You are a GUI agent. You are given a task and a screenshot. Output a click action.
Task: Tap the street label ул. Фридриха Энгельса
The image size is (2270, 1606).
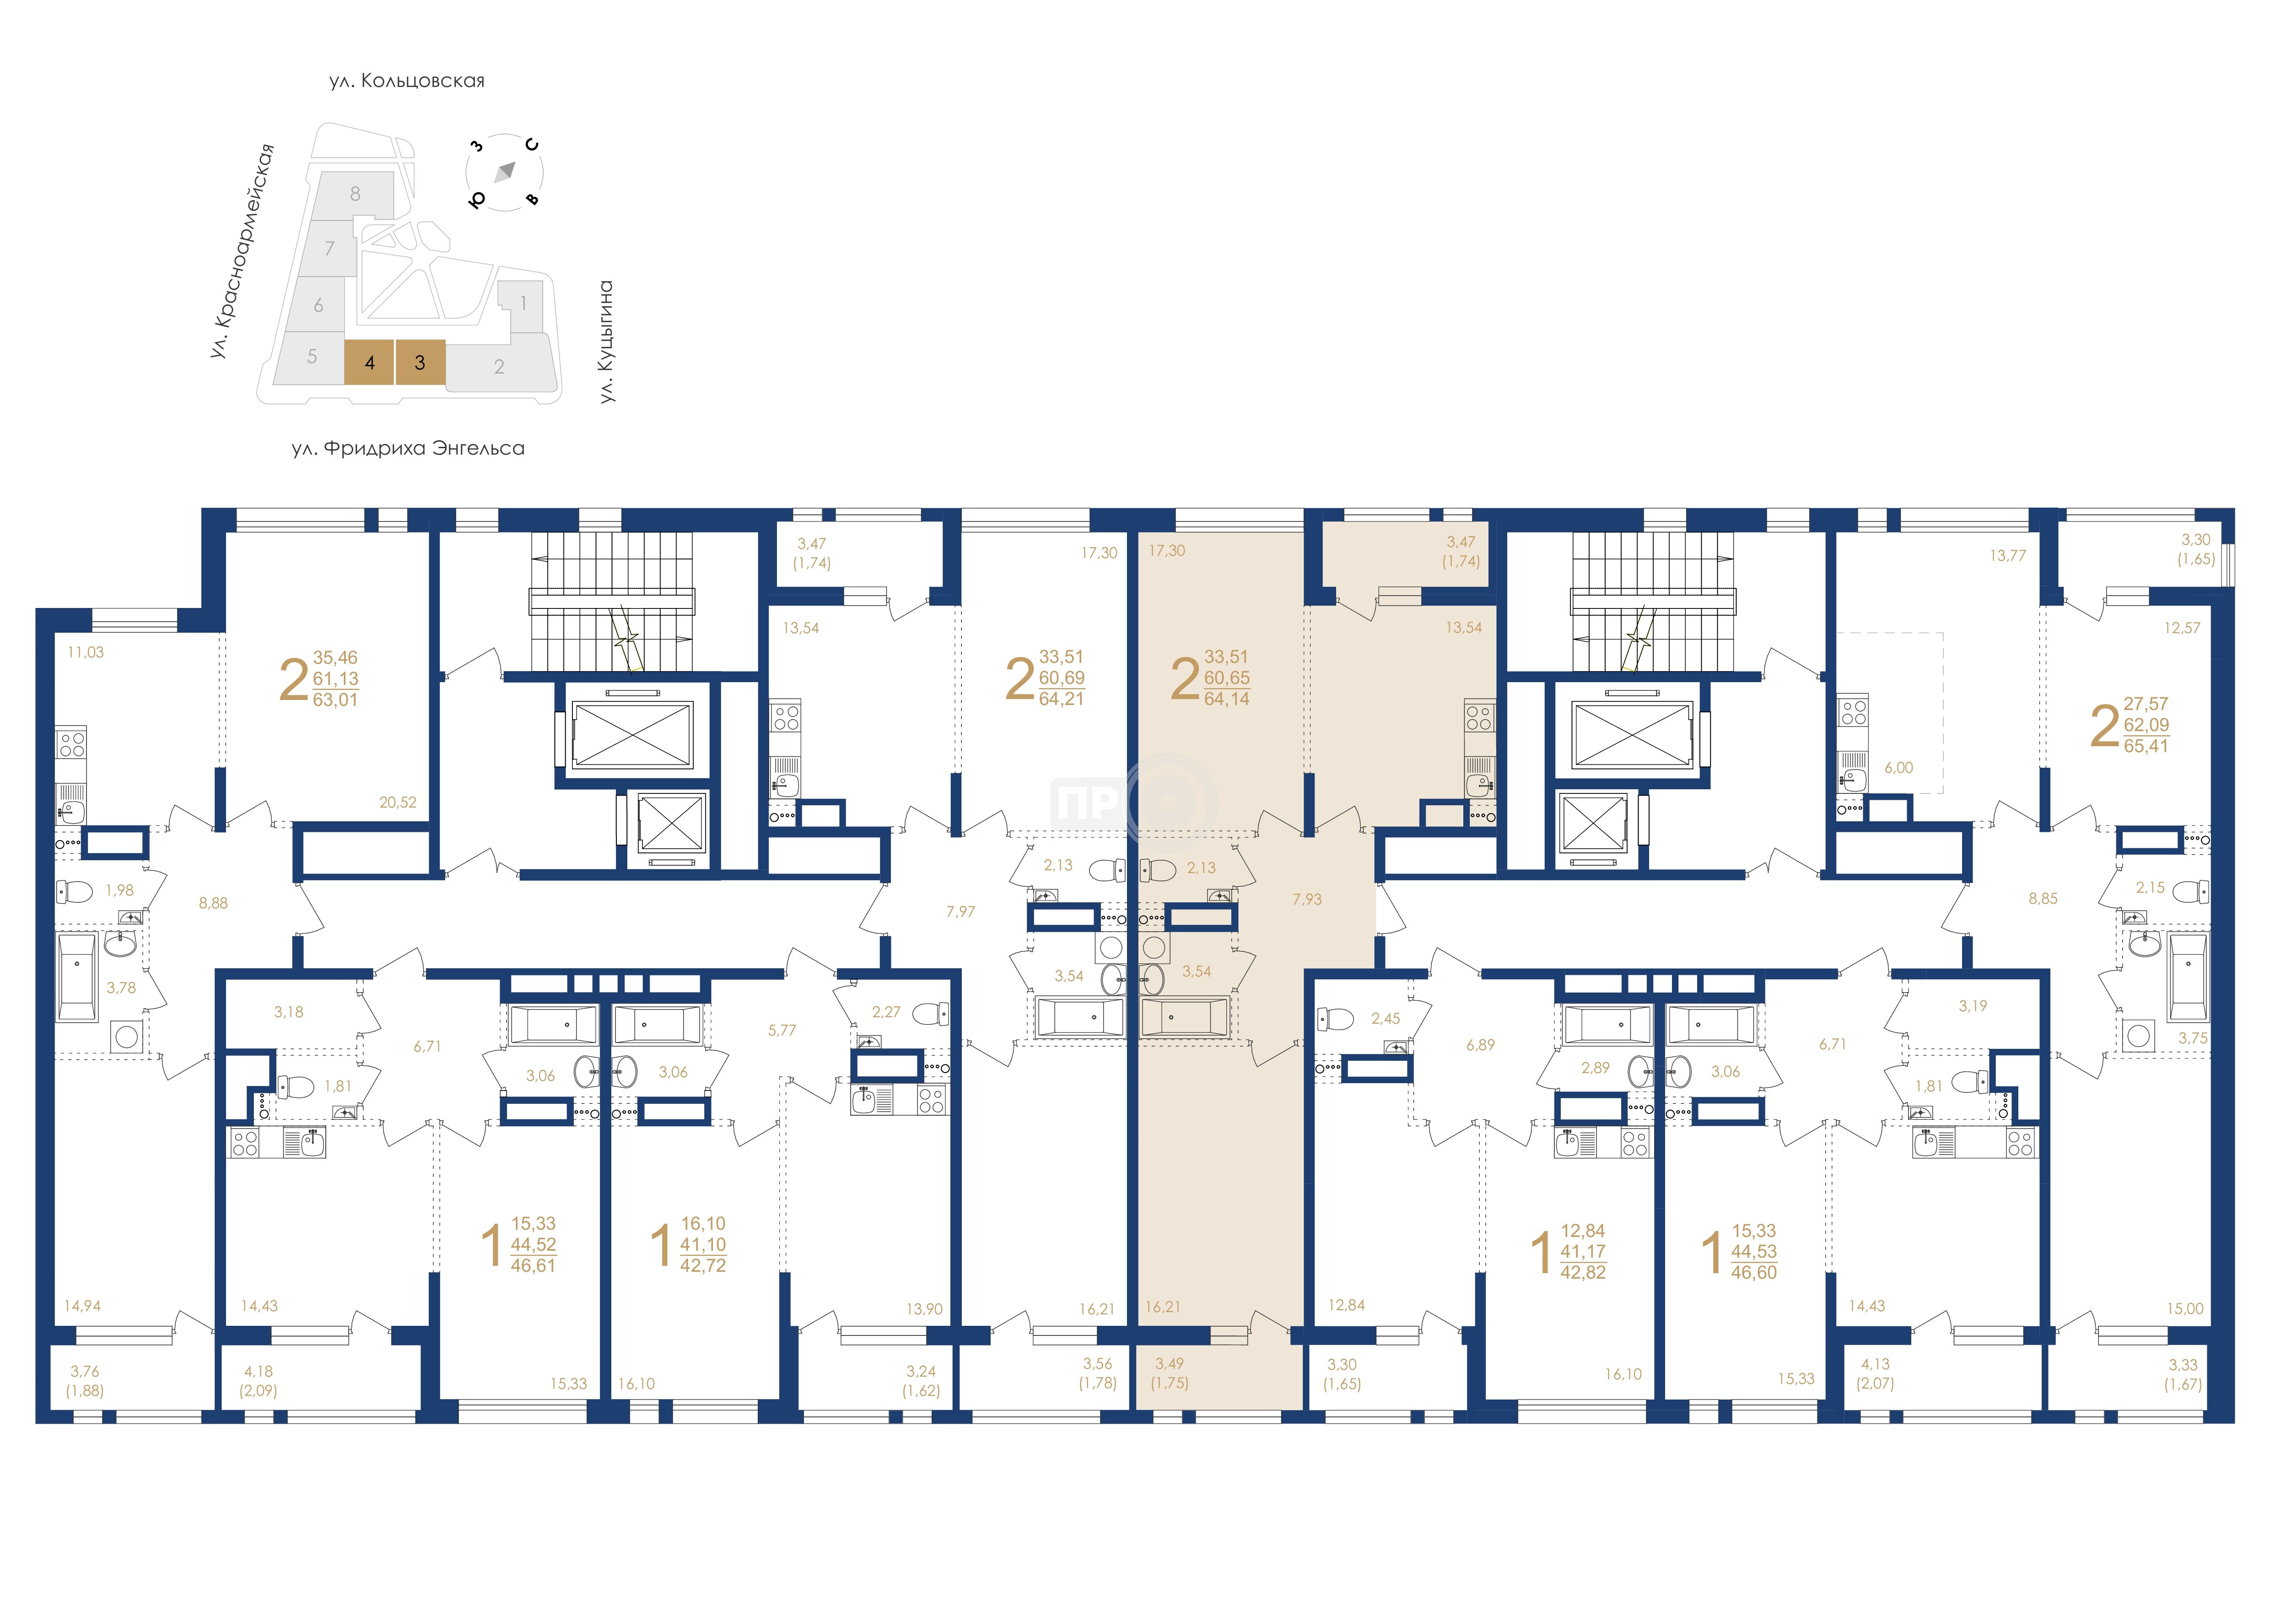(408, 448)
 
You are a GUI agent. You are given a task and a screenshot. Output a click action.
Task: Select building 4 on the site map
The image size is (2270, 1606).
(370, 362)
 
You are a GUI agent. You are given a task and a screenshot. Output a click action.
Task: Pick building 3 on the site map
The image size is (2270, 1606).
(420, 362)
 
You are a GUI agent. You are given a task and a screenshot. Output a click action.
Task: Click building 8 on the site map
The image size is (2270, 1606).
(355, 195)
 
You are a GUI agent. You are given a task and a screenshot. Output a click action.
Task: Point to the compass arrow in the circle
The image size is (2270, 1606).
(505, 172)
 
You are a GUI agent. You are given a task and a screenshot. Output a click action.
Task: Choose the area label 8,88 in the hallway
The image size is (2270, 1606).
(214, 903)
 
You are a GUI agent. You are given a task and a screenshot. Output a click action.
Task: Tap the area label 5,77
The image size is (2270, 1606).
(782, 1030)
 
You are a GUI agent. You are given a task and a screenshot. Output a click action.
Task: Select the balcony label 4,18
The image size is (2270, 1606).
(259, 1371)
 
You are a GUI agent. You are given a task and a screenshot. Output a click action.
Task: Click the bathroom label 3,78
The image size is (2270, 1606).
(121, 987)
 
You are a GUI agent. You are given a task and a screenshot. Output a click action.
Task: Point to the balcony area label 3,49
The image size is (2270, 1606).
(1170, 1363)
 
